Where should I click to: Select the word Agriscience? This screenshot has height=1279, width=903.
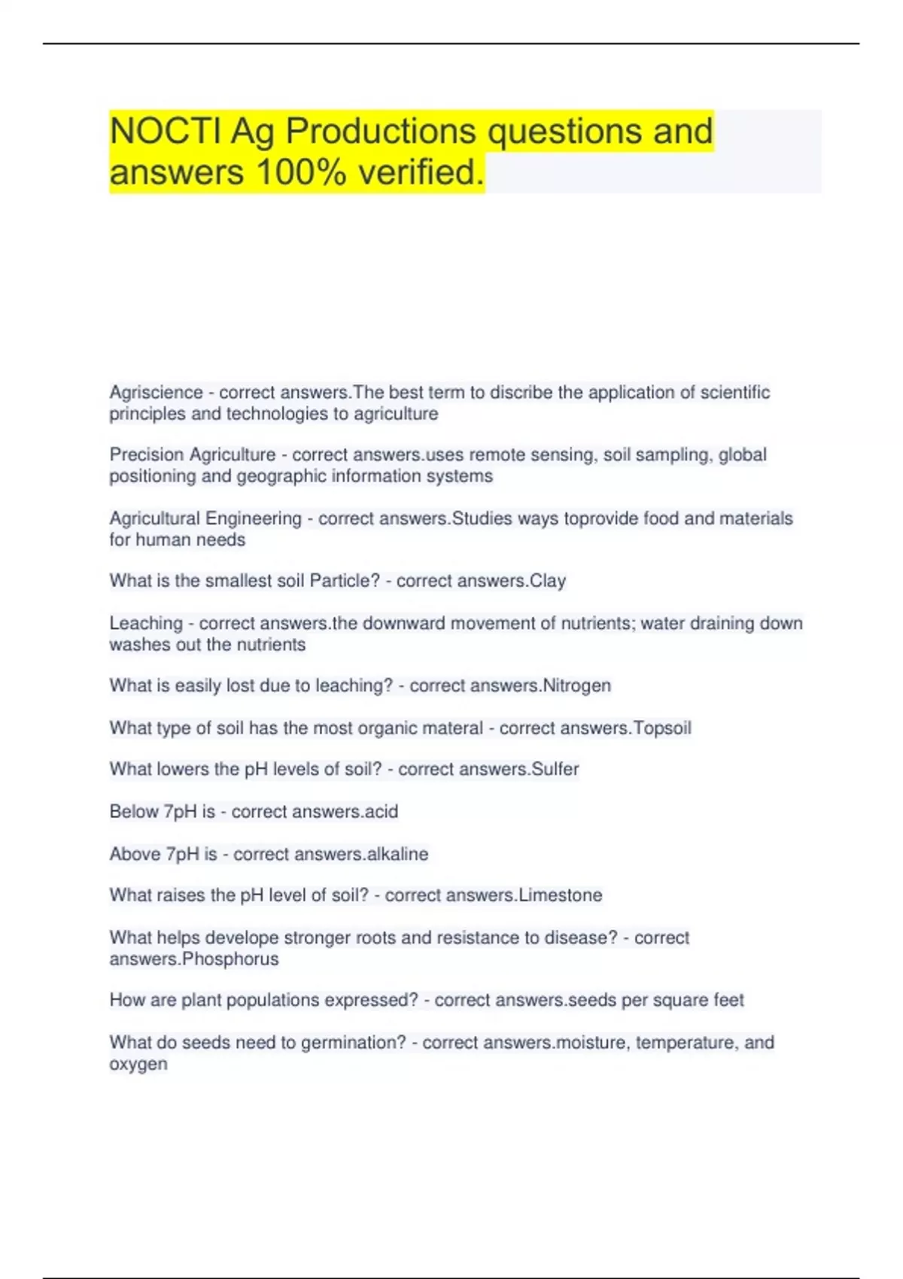tap(156, 393)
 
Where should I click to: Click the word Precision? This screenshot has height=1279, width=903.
tap(147, 455)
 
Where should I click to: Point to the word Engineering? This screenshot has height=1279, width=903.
tap(254, 518)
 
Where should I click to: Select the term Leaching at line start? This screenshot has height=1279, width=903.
tap(146, 624)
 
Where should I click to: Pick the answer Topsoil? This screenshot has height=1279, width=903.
tap(662, 728)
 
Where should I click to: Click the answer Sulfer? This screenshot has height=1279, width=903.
tap(555, 769)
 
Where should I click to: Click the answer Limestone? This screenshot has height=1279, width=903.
tap(561, 895)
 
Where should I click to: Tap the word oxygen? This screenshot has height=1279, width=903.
tap(138, 1065)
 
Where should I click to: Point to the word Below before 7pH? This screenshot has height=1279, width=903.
tap(134, 812)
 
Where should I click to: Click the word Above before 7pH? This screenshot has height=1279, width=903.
tap(135, 854)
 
